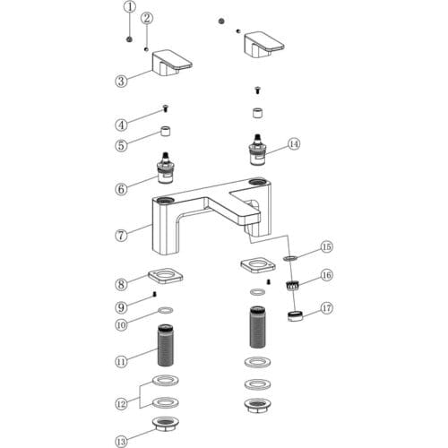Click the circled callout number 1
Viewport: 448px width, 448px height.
(x=130, y=7)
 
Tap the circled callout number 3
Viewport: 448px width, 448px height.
(x=121, y=81)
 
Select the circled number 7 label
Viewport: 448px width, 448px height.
(x=121, y=236)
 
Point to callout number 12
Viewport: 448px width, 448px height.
(x=121, y=404)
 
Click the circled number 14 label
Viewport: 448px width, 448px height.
(x=294, y=144)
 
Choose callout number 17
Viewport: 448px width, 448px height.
(x=327, y=307)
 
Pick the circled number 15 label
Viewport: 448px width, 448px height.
(x=327, y=247)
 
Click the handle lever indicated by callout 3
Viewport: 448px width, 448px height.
(x=172, y=63)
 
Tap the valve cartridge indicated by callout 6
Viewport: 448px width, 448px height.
(x=165, y=168)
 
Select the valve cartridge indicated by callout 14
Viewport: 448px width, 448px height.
(x=257, y=151)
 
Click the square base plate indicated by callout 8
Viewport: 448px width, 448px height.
(x=166, y=276)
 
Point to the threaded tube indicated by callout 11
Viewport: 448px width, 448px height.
(x=166, y=345)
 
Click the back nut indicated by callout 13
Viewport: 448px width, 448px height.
(x=166, y=425)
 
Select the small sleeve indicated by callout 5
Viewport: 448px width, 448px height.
(x=166, y=131)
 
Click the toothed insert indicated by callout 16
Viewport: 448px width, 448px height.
(x=292, y=286)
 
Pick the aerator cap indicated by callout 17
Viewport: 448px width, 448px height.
(x=295, y=315)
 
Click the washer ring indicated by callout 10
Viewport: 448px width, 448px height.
(x=165, y=311)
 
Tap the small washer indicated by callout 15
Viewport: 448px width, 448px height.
(x=290, y=257)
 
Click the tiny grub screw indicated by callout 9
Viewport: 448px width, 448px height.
(x=154, y=294)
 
